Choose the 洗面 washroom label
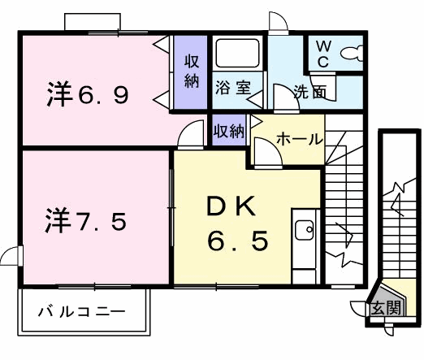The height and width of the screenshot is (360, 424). tap(309, 93)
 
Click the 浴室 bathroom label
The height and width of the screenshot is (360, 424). tap(231, 85)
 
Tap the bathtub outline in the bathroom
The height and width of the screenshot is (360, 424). tap(237, 55)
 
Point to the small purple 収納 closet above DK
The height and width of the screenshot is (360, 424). tap(229, 130)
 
